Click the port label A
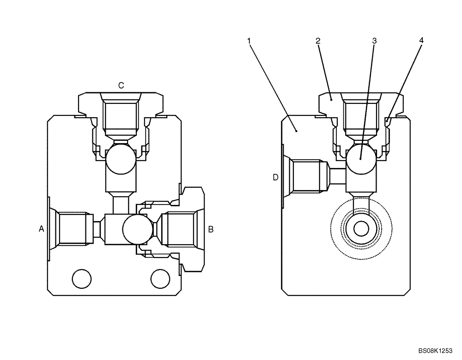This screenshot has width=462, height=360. tap(42, 228)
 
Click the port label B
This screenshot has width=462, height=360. tap(211, 228)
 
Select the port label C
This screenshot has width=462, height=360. tap(121, 85)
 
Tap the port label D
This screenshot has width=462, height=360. tap(275, 177)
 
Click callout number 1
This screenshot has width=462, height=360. tap(249, 41)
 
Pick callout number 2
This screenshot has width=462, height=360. tap(318, 41)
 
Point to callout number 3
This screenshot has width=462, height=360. tap(374, 41)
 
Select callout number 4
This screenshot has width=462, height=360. tap(421, 41)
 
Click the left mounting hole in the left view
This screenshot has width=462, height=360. tap(81, 278)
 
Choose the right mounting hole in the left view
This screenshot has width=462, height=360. tap(160, 278)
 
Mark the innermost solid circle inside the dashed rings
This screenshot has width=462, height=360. tap(361, 228)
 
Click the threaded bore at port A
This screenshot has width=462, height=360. tap(72, 228)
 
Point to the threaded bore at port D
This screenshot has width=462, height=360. tap(307, 176)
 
